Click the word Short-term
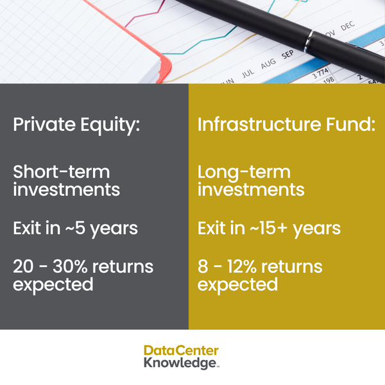click(62, 172)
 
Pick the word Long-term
click(244, 172)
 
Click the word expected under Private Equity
click(53, 284)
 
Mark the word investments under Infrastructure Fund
click(251, 190)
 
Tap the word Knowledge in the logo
click(179, 363)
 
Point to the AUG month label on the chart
click(268, 63)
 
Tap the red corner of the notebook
click(166, 64)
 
